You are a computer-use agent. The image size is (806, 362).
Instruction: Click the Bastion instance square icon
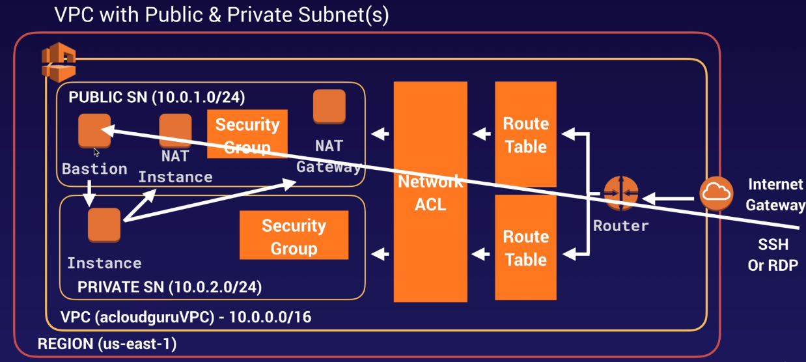[94, 130]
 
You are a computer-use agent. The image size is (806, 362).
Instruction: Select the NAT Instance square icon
[175, 130]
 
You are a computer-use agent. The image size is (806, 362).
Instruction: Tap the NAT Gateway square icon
[329, 107]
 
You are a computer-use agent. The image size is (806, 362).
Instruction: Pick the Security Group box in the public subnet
[247, 135]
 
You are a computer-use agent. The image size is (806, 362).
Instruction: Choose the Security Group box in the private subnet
[294, 237]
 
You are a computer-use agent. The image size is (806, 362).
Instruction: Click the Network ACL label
[430, 192]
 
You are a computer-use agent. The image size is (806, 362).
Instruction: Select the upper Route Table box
[525, 135]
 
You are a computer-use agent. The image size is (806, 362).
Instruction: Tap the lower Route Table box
[525, 248]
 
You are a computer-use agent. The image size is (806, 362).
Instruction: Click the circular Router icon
[620, 194]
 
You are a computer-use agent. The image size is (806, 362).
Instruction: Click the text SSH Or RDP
[773, 255]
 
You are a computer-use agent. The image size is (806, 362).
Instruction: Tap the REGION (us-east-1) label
[107, 343]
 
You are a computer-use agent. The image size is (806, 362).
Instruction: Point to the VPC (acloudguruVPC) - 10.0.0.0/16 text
[186, 318]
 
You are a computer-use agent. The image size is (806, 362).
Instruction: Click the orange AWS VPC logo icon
[59, 61]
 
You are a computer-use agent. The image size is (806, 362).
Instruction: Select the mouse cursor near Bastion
[96, 152]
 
